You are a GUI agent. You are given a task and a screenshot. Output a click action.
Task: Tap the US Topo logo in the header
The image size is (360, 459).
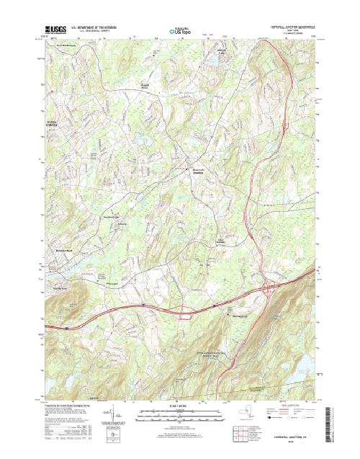click(x=180, y=32)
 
